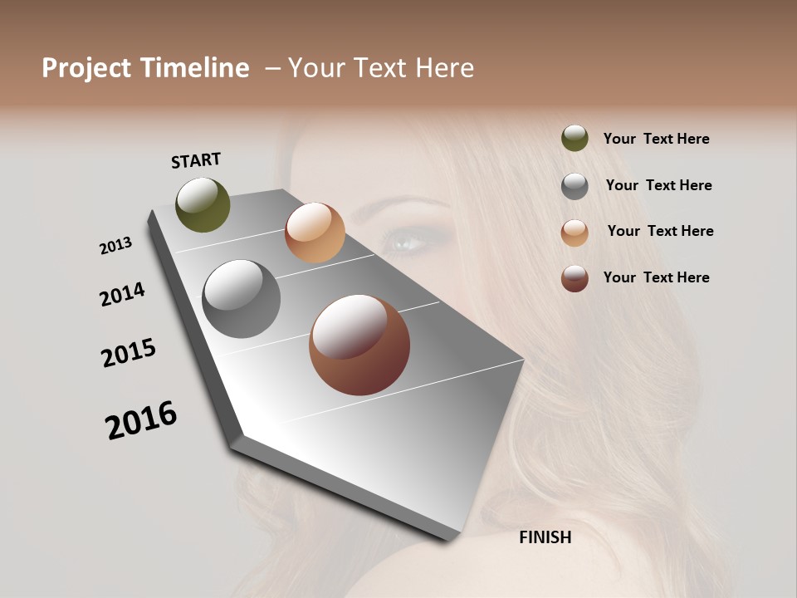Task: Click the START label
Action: tap(196, 160)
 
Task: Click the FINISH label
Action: tap(545, 537)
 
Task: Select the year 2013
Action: tap(115, 246)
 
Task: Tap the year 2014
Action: tap(122, 294)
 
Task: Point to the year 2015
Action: tap(129, 353)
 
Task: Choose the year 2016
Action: tap(141, 420)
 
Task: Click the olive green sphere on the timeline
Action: tap(203, 204)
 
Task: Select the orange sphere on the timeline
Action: tap(315, 233)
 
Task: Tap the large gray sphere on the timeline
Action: tap(242, 299)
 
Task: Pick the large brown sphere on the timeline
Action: tap(359, 345)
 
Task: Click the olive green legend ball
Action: tap(575, 138)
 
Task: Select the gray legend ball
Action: tap(575, 186)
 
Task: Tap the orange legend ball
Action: tap(575, 233)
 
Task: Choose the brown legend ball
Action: tap(575, 278)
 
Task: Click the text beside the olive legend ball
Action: tap(656, 139)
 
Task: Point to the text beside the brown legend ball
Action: tap(656, 277)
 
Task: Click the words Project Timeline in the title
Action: tap(145, 68)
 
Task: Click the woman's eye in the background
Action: tap(410, 242)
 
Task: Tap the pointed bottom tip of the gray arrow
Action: tap(448, 538)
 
